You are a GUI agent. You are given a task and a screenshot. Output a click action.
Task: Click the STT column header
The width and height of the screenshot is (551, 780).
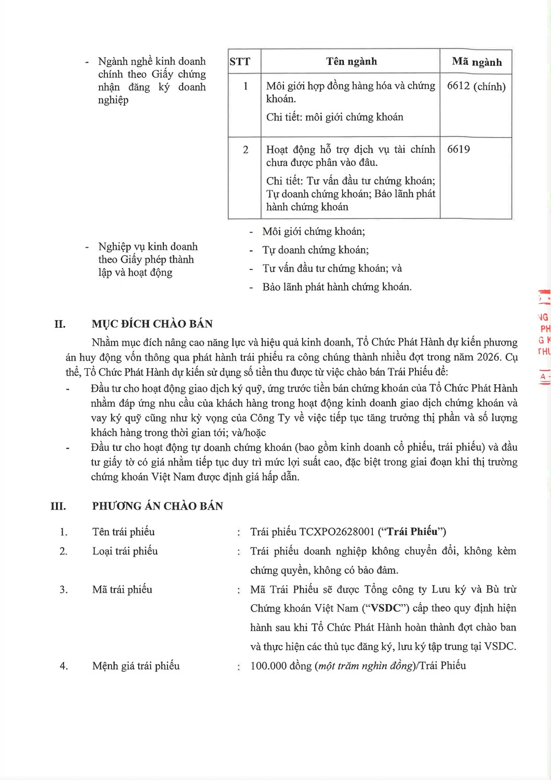240,62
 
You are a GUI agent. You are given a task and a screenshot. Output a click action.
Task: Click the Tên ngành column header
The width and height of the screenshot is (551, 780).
351,62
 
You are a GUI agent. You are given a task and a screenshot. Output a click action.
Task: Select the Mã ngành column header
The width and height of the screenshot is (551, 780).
477,62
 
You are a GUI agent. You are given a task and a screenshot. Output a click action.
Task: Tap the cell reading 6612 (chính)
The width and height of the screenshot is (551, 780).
476,86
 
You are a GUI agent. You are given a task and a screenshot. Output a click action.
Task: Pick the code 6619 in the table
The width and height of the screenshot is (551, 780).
458,149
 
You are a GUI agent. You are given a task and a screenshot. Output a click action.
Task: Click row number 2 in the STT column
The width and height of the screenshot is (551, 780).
246,150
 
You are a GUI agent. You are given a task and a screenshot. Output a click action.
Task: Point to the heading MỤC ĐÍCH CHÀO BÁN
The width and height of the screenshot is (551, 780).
152,324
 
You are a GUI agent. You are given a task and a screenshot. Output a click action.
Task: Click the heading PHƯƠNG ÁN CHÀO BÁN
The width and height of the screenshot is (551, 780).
157,506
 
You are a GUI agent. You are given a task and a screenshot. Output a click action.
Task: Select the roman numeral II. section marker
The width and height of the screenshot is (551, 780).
60,324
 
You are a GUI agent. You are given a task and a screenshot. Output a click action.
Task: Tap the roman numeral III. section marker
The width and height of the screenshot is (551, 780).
58,507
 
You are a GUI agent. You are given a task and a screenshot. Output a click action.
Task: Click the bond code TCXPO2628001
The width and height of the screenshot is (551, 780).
337,532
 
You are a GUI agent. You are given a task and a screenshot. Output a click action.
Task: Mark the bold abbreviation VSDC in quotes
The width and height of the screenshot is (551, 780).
386,608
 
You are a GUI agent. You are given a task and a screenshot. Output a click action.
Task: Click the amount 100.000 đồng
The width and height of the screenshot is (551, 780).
281,666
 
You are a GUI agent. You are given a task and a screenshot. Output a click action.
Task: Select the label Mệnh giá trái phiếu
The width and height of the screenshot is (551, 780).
136,666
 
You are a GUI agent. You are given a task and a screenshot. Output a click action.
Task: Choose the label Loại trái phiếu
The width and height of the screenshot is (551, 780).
125,551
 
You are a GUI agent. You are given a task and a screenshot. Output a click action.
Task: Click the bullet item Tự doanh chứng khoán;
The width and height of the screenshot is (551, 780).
315,250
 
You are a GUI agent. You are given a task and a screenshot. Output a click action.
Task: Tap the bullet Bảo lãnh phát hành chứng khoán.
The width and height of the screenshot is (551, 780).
337,287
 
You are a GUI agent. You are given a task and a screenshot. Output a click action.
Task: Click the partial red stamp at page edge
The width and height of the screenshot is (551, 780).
544,336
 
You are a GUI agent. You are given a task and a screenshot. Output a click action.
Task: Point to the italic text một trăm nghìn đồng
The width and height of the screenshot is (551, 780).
365,666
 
